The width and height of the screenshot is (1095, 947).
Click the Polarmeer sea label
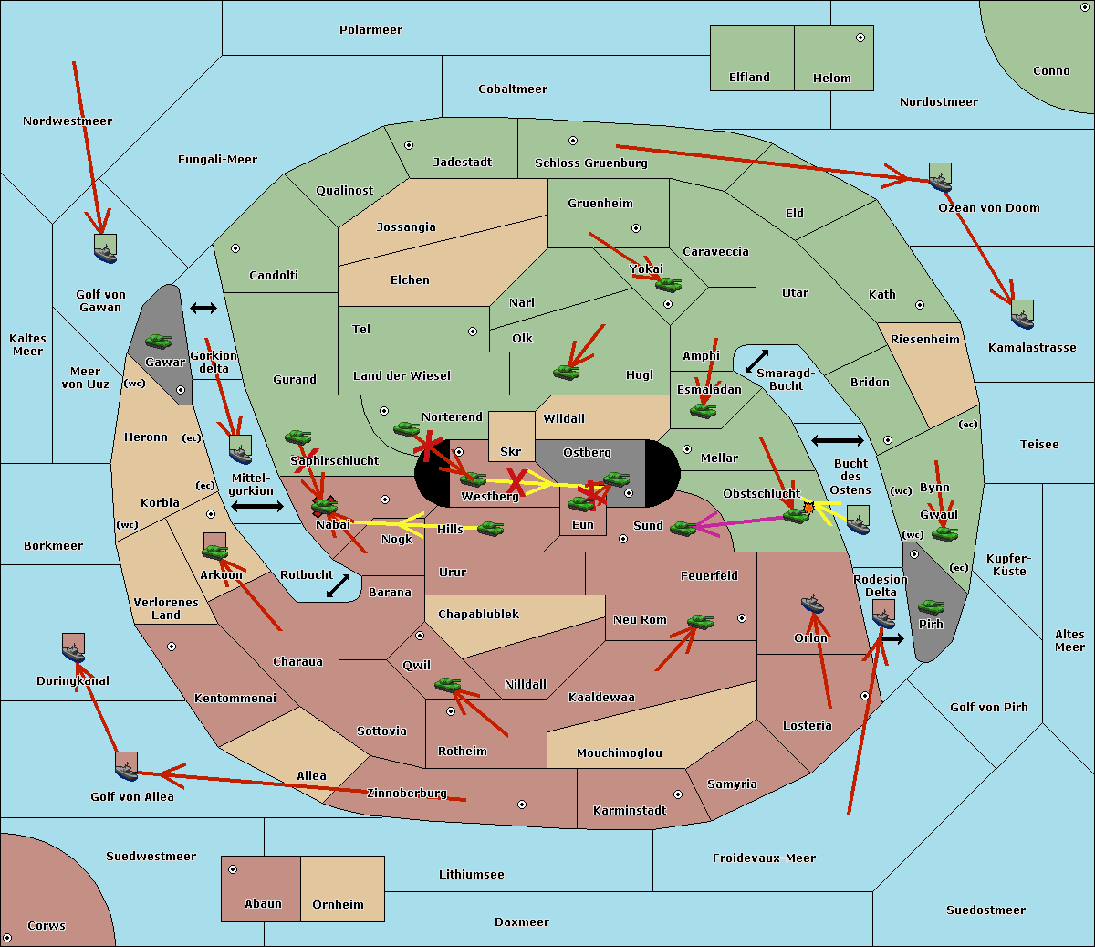coord(370,30)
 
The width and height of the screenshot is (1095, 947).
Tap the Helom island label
coord(831,79)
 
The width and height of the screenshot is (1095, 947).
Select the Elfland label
coord(749,78)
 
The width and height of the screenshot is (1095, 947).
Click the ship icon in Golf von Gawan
coord(106,249)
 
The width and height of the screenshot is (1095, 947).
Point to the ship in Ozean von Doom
coord(940,178)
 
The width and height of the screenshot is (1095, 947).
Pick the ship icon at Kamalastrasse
coord(1022,315)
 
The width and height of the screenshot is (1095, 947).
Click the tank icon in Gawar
coord(159,342)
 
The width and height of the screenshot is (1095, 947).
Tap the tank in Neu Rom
coord(700,622)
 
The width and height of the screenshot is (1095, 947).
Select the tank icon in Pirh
coord(931,606)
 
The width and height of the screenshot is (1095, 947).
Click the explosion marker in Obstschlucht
coord(808,507)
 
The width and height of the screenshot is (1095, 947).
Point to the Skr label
coord(511,452)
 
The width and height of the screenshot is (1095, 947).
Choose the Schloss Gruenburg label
coord(590,163)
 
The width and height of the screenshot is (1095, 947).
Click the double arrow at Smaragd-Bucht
coord(756,362)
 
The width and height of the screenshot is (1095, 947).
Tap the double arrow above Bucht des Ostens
coord(837,441)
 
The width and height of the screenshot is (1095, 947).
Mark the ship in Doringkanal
coord(74,648)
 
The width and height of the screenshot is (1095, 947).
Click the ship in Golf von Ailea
coord(126,767)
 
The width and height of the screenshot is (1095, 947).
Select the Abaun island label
coord(263,904)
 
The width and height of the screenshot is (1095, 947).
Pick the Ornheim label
coord(338,905)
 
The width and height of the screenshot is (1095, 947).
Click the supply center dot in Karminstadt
coord(678,794)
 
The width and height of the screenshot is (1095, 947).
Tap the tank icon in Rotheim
coord(447,684)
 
